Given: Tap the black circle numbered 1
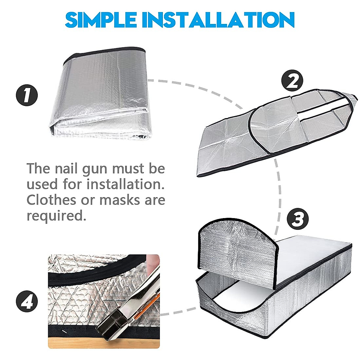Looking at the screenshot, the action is [x=27, y=96].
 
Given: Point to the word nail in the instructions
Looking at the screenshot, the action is [x=66, y=169].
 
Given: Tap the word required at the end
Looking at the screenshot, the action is [x=54, y=216].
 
